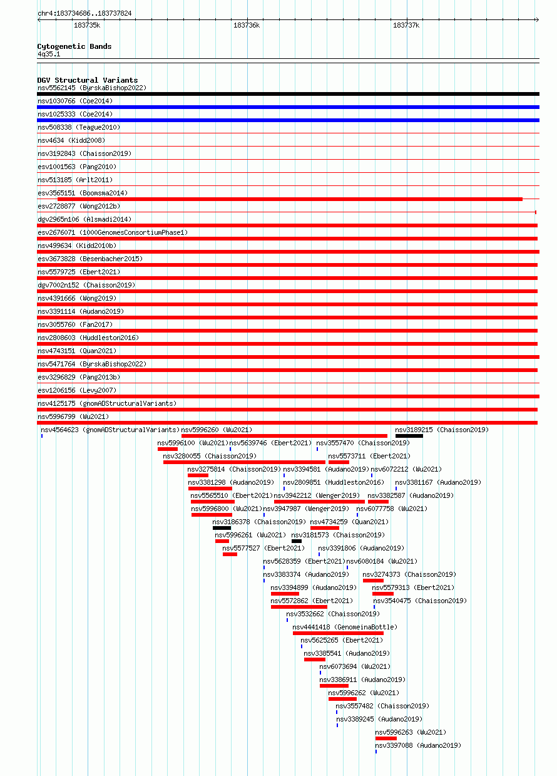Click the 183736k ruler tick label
[246, 25]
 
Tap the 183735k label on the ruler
[87, 25]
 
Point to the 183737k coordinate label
[406, 25]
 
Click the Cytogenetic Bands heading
[74, 46]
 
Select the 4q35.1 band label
[49, 54]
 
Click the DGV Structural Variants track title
[87, 80]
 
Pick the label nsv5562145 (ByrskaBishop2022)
[92, 88]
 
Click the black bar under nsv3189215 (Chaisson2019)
[409, 436]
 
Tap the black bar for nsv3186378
[222, 528]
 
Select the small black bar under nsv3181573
[296, 541]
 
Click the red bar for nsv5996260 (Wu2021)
[284, 436]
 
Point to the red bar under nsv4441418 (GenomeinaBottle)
[338, 633]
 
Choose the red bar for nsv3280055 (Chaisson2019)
[244, 462]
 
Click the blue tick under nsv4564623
[42, 436]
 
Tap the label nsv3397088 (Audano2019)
[418, 745]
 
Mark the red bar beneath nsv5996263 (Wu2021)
[386, 738]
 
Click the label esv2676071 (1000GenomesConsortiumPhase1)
[113, 232]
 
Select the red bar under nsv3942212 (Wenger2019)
[319, 502]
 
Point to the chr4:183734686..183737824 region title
[84, 13]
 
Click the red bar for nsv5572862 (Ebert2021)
[299, 607]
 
